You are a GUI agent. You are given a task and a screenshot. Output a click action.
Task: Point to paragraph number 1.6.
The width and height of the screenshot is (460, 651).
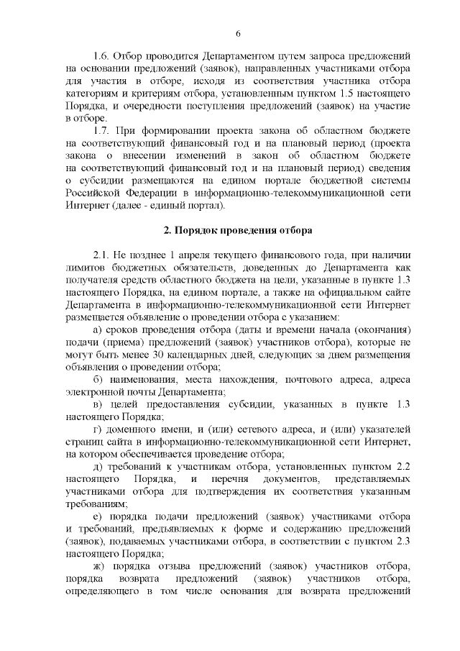(x=102, y=55)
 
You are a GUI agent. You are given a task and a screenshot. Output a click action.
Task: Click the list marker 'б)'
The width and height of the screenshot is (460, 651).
(x=99, y=379)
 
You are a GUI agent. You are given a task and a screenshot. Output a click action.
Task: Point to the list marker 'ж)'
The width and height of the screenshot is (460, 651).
(x=100, y=565)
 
